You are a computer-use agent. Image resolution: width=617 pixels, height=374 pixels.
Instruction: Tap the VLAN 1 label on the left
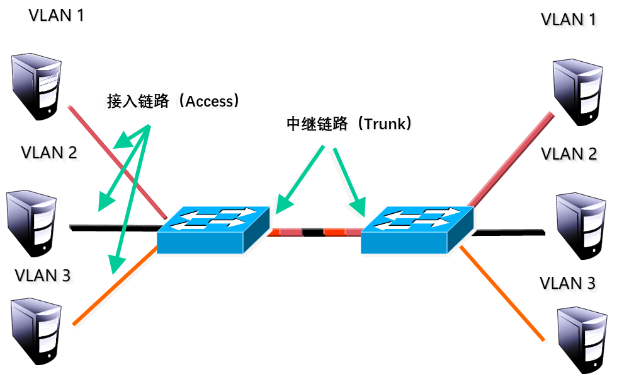click(x=56, y=16)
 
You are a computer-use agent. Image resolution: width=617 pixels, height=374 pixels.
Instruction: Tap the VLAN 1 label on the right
click(x=570, y=21)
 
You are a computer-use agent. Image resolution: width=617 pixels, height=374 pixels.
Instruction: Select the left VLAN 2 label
click(x=50, y=153)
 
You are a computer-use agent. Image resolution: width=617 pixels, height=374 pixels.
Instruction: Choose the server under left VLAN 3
click(x=37, y=327)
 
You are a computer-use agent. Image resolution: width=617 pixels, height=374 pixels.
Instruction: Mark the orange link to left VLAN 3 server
click(x=113, y=288)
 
